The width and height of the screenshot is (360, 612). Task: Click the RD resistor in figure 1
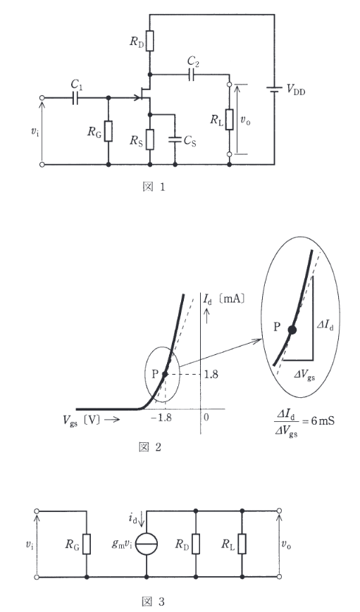[149, 41]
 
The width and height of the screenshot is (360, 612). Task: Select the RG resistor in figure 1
[108, 131]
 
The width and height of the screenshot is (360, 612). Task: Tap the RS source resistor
[149, 139]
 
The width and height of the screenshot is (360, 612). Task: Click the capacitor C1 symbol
[76, 98]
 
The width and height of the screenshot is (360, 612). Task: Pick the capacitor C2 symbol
[191, 74]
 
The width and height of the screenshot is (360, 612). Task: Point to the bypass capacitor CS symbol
[175, 139]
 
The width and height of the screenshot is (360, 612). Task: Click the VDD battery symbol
[274, 89]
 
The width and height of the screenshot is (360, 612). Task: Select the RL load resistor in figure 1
[229, 120]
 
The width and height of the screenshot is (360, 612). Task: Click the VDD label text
[296, 89]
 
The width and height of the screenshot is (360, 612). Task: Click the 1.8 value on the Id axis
[211, 374]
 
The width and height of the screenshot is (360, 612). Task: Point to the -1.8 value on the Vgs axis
[161, 418]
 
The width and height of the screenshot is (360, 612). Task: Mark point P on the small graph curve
[165, 374]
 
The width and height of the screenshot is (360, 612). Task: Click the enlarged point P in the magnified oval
[292, 330]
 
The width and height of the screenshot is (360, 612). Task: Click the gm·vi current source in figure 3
[149, 544]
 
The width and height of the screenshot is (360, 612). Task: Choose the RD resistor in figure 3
[196, 544]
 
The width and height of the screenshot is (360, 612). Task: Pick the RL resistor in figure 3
[242, 544]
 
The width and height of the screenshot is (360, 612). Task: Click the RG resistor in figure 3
[86, 544]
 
